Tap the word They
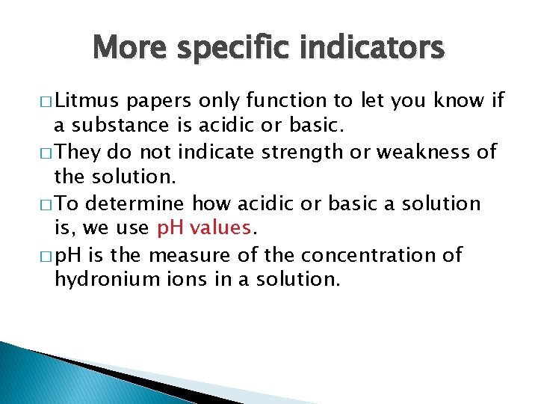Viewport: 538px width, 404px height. pos(78,153)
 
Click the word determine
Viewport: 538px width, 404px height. pos(138,204)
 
